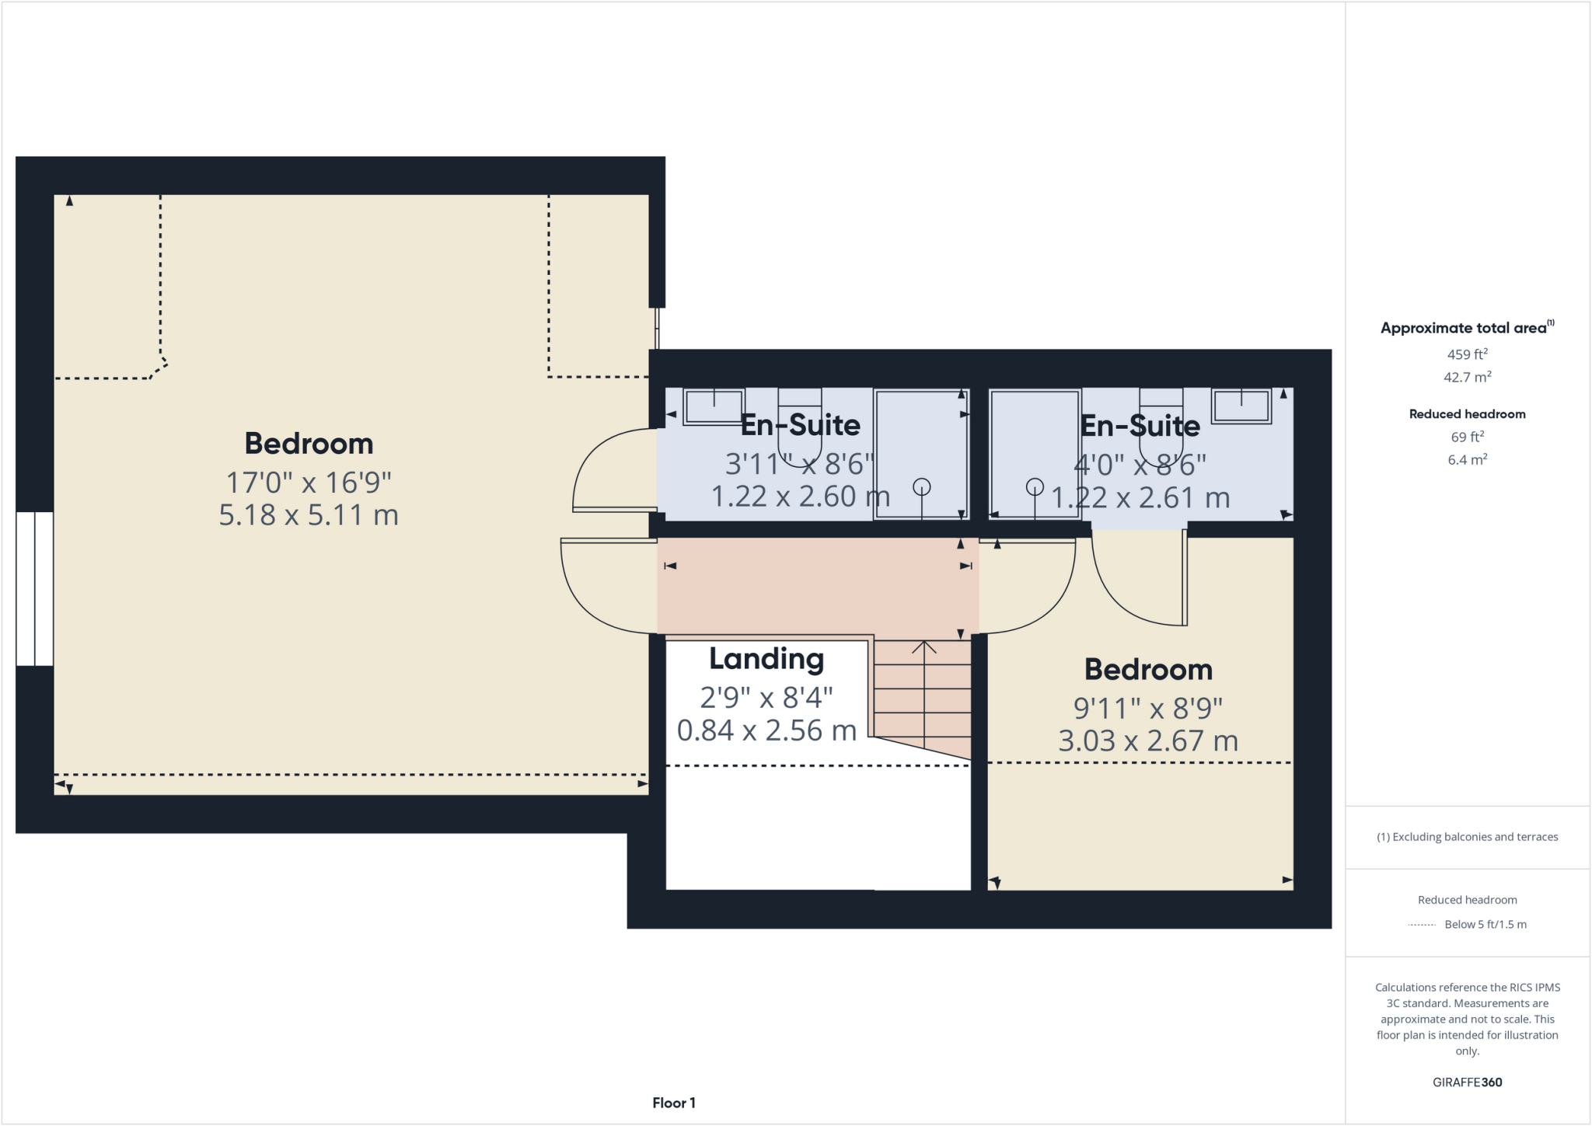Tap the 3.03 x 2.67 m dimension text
1148,741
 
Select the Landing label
766,659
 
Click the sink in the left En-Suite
713,407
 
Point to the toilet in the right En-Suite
1161,424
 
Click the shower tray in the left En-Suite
921,454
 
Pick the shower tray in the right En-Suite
1035,454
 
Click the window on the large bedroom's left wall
35,588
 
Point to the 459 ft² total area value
1467,354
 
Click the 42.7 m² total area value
1467,378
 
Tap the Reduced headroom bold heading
1467,414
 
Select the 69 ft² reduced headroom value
1467,437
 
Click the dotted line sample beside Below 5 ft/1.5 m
1421,925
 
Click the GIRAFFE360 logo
1467,1082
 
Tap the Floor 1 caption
673,1103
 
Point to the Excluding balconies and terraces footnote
1467,837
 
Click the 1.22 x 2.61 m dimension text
1140,498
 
